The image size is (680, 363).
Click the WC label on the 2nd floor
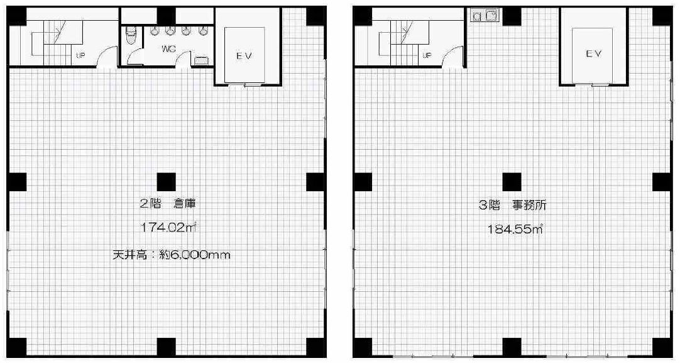(x=168, y=48)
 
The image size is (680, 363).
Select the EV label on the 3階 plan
(x=593, y=54)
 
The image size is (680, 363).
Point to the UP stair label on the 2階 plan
(x=80, y=55)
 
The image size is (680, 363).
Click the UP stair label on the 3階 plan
(x=427, y=55)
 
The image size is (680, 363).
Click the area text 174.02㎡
(x=168, y=228)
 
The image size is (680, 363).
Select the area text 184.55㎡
(x=515, y=229)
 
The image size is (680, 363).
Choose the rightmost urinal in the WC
(x=202, y=30)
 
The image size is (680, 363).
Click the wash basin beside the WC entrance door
(x=201, y=60)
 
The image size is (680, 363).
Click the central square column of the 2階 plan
(x=166, y=181)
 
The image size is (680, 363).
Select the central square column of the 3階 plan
(x=512, y=181)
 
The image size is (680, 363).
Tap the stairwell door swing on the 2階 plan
(x=106, y=57)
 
